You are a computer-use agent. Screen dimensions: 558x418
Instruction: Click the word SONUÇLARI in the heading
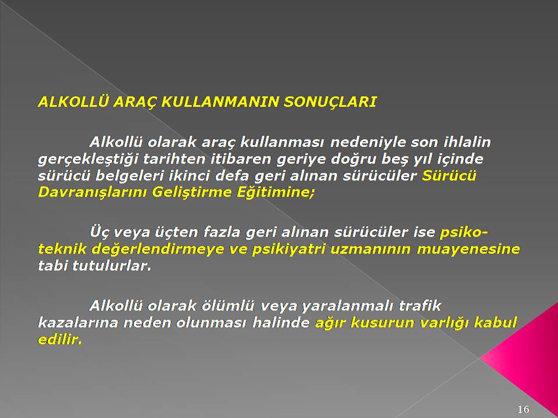[x=330, y=102]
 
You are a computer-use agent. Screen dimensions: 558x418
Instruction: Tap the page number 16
[x=523, y=409]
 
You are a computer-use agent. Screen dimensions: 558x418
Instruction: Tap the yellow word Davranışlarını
[x=92, y=193]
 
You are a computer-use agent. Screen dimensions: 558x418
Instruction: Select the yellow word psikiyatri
[x=289, y=250]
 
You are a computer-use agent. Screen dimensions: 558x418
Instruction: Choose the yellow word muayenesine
[x=468, y=250]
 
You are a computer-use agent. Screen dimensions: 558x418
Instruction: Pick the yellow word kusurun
[x=378, y=323]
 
